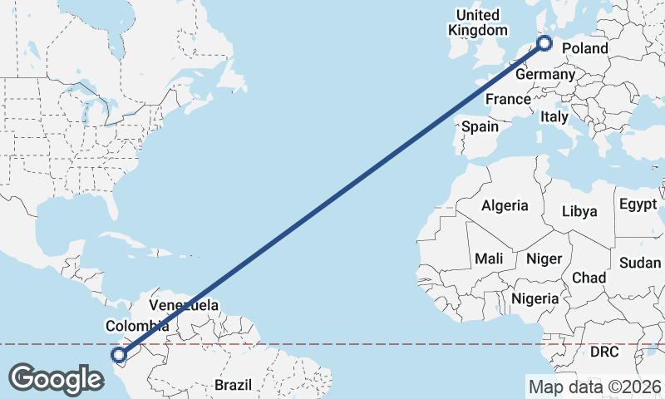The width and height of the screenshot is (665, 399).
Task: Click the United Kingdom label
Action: click(x=477, y=22)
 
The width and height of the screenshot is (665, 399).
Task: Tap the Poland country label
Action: click(x=584, y=48)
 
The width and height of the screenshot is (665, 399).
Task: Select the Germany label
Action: click(x=544, y=75)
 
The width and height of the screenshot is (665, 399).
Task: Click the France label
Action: click(x=508, y=99)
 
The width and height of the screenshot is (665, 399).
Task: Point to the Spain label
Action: click(x=480, y=127)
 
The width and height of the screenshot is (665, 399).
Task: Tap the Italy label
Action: click(x=554, y=116)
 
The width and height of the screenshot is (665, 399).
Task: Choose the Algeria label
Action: click(x=505, y=205)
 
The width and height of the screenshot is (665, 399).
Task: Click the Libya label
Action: click(x=579, y=211)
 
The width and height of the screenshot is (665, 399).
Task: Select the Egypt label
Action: click(x=638, y=204)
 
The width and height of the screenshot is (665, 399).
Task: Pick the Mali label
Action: click(x=489, y=259)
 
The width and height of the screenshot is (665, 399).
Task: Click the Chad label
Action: click(x=589, y=277)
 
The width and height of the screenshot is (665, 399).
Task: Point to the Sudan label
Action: click(x=640, y=263)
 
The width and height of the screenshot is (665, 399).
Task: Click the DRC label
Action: click(x=604, y=352)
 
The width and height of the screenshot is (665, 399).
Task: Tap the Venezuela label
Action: click(x=184, y=305)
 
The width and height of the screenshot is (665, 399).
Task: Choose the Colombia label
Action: click(x=137, y=326)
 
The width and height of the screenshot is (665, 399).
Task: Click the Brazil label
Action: click(x=233, y=385)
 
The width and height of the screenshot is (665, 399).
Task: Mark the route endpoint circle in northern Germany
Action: click(x=545, y=43)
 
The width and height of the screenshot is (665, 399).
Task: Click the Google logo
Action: click(x=56, y=378)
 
